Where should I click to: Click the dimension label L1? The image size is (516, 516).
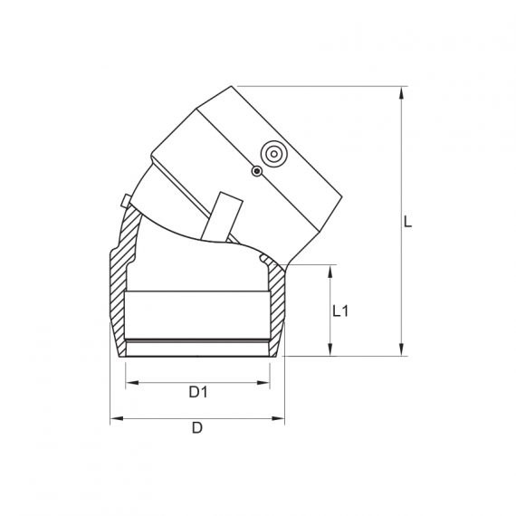point(341,311)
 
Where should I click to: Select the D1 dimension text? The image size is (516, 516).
point(198,392)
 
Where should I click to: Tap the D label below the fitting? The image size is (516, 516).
point(196,428)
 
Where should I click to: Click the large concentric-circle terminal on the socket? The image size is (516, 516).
point(272,155)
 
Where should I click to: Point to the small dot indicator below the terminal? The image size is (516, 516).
point(257,170)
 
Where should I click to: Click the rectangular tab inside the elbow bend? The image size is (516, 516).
point(222,218)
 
